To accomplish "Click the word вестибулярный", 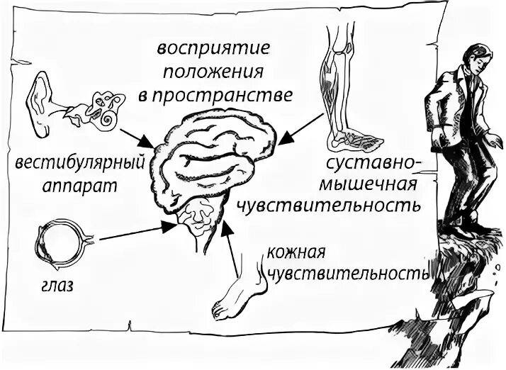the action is click(79, 164).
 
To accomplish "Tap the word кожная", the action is click(296, 251).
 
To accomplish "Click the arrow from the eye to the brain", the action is click(135, 232).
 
